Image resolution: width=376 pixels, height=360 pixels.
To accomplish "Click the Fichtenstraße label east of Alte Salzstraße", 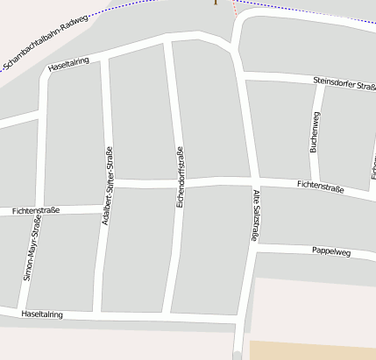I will pos(320,187).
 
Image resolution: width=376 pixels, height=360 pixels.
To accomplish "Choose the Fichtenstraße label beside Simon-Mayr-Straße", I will pos(36,211).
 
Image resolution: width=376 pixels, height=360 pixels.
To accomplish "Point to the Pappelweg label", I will pos(331,252).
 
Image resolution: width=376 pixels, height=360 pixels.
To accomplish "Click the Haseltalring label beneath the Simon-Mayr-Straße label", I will pos(42,313).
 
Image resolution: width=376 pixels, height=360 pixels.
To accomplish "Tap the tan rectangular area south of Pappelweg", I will pos(313,350).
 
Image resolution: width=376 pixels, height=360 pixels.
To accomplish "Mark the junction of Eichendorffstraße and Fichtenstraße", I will pos(181,182).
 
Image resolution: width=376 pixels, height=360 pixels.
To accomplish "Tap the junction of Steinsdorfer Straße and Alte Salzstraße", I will pos(244,79).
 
